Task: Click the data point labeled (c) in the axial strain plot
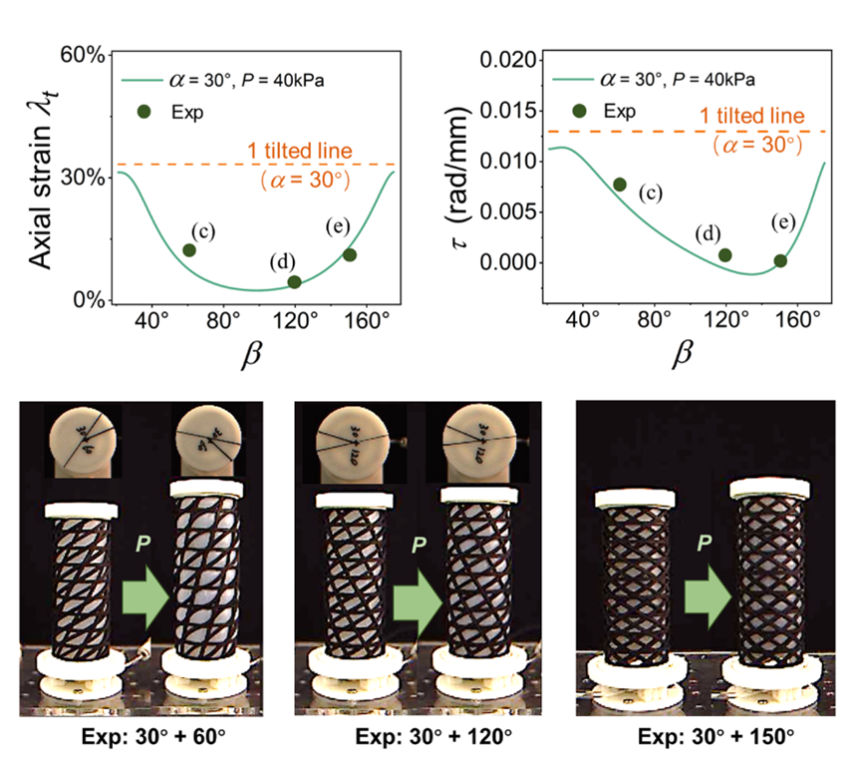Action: (x=189, y=249)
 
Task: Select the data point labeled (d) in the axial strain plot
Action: (x=294, y=282)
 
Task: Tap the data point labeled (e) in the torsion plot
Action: (x=780, y=261)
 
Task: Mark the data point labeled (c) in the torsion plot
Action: (x=620, y=185)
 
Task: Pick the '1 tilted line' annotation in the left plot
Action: (x=300, y=151)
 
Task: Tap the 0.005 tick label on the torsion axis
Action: (x=512, y=211)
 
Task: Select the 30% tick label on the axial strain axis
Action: (x=84, y=178)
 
